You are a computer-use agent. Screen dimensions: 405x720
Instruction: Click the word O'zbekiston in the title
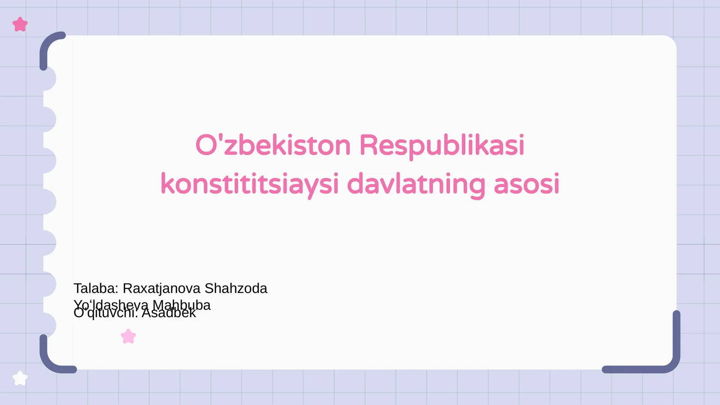click(273, 145)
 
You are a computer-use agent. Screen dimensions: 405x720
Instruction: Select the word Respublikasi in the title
click(441, 146)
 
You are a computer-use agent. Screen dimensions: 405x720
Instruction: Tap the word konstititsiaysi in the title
click(249, 184)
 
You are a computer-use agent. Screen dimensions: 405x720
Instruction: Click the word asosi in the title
click(526, 184)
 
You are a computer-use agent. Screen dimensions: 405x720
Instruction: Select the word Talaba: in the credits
click(96, 288)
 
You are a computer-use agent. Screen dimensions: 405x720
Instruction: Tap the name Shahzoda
click(236, 288)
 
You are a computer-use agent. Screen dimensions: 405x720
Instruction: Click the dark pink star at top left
click(20, 24)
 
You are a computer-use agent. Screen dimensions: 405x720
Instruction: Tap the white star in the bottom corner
click(20, 378)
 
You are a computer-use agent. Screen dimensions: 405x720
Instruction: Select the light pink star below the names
click(129, 337)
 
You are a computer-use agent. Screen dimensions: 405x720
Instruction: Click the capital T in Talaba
click(77, 288)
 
